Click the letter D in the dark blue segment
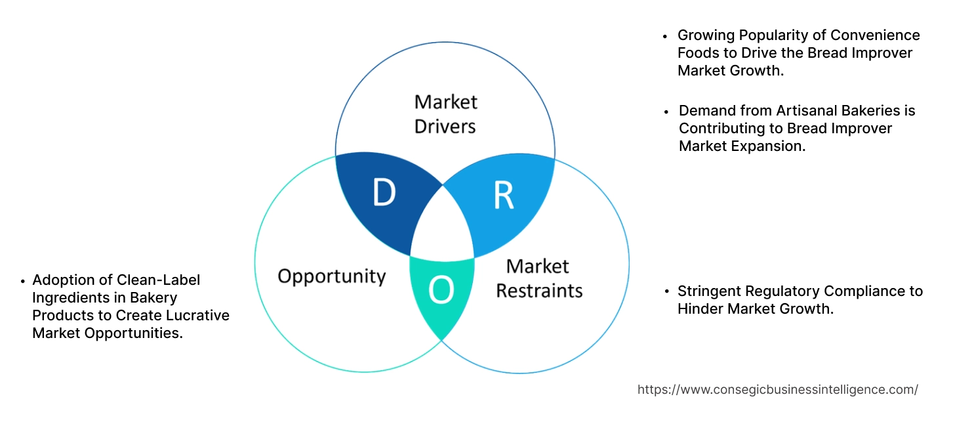(384, 192)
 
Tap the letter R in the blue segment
(503, 195)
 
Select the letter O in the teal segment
(441, 290)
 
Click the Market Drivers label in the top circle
(445, 114)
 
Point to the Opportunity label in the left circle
(331, 276)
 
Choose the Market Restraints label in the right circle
(538, 278)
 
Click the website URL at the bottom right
(777, 389)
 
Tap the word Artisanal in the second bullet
(796, 111)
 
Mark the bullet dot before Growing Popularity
(666, 36)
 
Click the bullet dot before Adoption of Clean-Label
(22, 281)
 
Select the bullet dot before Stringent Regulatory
(666, 291)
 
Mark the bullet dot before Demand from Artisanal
(666, 112)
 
